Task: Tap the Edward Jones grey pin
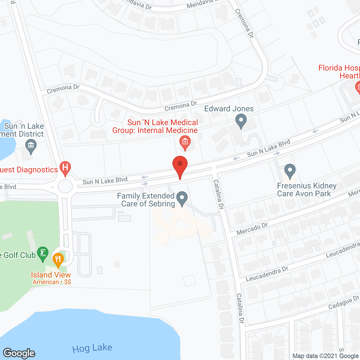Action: click(241, 121)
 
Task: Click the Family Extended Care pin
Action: click(182, 198)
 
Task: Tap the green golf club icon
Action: click(43, 254)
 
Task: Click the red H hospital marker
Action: click(65, 168)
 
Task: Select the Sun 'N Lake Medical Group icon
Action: click(185, 142)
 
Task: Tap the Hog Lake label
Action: click(92, 348)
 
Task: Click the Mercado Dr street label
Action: click(252, 229)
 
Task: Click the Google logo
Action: click(19, 353)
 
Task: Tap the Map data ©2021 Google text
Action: click(326, 356)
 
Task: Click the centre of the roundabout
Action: click(65, 186)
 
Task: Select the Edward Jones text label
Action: click(229, 109)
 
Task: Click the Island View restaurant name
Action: click(51, 275)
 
